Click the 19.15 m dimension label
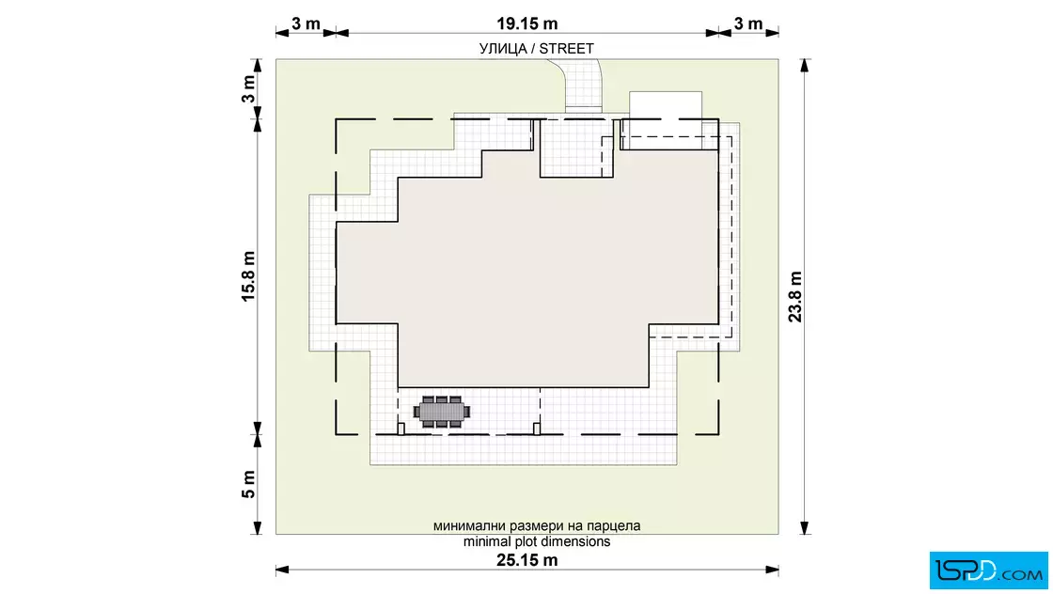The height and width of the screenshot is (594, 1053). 527,23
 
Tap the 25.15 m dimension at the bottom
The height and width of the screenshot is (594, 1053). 527,560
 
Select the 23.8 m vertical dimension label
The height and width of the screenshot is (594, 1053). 795,297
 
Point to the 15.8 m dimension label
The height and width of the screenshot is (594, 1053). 248,276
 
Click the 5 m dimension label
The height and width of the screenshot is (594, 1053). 248,484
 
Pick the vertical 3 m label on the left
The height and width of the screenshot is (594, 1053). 248,88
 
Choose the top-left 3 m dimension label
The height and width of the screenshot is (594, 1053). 306,23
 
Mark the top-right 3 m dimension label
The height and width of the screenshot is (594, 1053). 748,23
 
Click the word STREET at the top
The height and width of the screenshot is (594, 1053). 566,48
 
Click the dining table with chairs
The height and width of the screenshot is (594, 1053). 441,412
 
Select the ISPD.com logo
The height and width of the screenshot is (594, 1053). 988,571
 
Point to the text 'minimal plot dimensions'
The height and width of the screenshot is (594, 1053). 537,541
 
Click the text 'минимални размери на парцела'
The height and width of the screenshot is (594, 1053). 537,525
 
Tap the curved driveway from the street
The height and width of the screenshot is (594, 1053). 581,84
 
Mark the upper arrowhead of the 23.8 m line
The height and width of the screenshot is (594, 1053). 805,65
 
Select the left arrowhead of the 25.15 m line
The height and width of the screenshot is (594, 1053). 282,570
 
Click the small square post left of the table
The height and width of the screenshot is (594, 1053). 401,429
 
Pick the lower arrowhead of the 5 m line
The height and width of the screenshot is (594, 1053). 257,528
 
